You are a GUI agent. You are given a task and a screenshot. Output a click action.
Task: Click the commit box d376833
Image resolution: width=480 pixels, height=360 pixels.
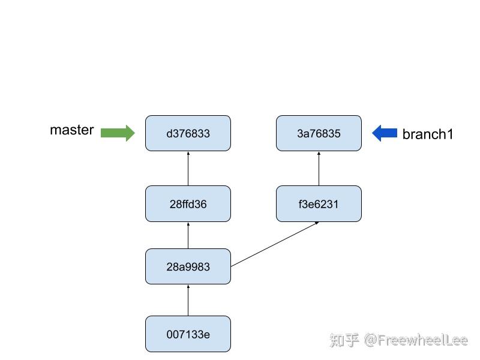click(x=188, y=133)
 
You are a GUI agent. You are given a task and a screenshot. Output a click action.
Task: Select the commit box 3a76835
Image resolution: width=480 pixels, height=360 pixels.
click(x=319, y=133)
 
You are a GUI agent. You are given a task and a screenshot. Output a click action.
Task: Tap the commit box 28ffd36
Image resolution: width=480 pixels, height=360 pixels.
click(x=188, y=204)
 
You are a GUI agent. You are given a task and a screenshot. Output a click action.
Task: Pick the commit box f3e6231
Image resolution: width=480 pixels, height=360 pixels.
click(x=319, y=204)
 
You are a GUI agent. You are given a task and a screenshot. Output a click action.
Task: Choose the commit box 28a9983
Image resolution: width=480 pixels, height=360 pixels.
click(x=188, y=266)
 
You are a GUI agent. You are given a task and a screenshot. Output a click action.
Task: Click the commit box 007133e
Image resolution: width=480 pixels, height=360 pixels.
click(x=188, y=334)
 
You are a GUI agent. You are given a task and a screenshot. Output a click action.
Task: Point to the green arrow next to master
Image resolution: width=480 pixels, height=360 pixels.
click(x=118, y=133)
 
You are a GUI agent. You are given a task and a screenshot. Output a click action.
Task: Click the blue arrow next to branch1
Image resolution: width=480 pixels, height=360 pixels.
click(x=385, y=133)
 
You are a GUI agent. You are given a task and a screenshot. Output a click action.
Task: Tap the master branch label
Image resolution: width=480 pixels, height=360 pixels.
click(x=72, y=130)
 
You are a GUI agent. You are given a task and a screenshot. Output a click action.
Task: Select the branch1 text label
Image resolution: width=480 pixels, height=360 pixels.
click(x=428, y=134)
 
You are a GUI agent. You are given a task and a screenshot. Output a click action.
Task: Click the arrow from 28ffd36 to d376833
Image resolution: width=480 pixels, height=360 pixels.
click(x=188, y=169)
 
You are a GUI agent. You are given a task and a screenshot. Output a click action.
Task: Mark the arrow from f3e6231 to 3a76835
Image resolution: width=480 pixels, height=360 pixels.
click(x=319, y=169)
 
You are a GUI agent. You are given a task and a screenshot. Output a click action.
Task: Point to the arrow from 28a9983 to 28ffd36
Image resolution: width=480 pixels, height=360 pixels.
click(x=188, y=235)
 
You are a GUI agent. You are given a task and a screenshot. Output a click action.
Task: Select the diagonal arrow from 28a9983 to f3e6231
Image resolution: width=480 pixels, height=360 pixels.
click(x=274, y=244)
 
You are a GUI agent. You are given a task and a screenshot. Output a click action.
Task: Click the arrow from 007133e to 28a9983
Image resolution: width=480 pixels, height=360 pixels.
click(x=188, y=300)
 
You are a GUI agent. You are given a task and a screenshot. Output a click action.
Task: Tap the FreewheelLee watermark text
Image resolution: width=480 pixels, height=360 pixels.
click(x=416, y=340)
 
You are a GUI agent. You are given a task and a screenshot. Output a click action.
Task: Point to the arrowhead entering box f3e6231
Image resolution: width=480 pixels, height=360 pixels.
click(x=316, y=223)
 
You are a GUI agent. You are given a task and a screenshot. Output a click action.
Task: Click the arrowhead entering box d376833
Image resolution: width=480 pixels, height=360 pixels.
click(x=188, y=153)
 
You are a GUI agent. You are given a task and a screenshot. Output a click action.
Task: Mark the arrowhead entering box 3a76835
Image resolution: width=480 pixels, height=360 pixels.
click(x=319, y=153)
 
